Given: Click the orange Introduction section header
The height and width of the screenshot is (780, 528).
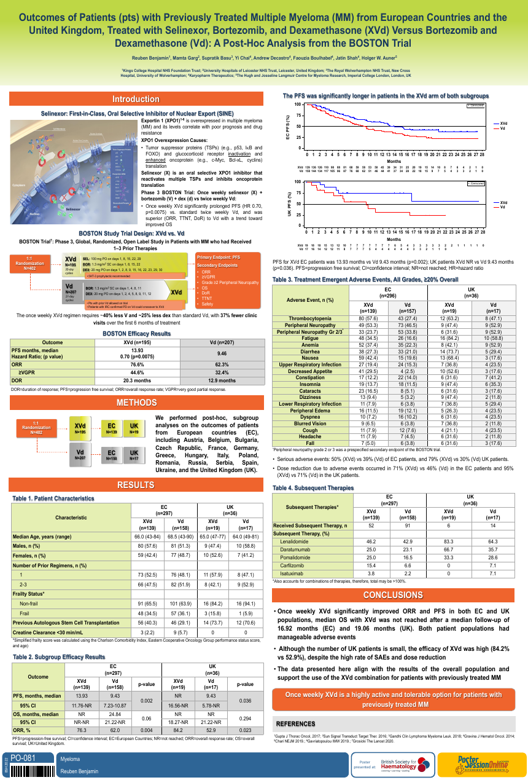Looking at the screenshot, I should (x=136, y=99).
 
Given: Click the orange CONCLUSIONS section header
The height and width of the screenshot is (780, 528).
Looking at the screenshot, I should (x=392, y=595).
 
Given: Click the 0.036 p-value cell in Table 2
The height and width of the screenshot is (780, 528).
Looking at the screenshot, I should (x=245, y=700).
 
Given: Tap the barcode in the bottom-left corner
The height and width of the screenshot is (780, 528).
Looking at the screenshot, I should (x=28, y=771).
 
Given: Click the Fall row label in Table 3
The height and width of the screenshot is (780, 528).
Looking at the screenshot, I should (x=309, y=460).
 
